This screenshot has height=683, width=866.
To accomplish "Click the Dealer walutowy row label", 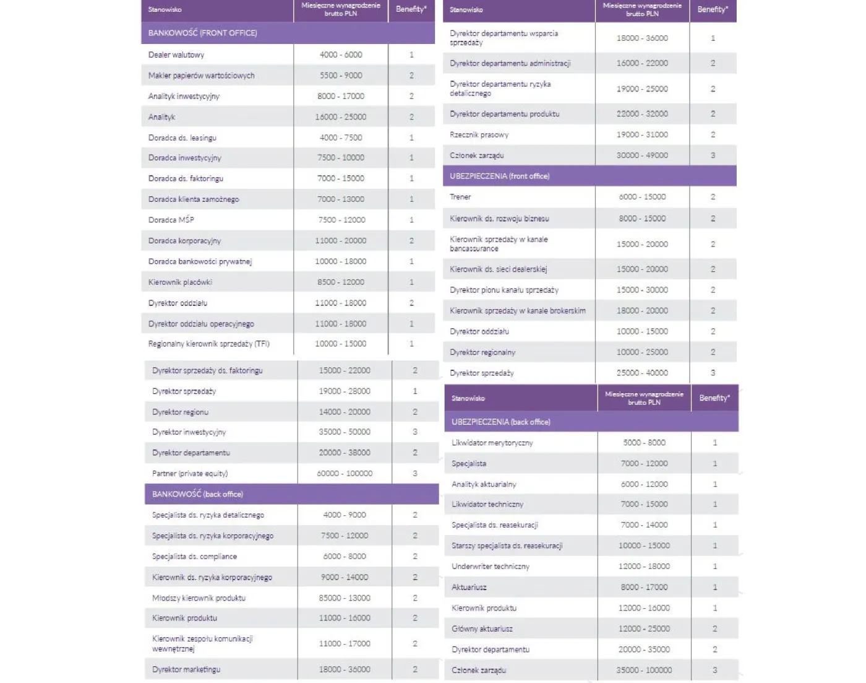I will pos(176,55).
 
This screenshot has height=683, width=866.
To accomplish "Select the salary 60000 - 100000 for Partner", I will pos(345,474).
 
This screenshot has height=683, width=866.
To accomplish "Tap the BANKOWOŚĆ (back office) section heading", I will pos(197,494).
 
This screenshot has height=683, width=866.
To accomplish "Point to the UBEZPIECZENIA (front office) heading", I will pos(499,176).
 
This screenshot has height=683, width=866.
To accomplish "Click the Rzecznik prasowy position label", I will pos(479,135).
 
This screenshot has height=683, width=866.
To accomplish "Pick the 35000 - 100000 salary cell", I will pos(644,670).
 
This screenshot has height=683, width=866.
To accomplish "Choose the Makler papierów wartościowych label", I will pos(201,76).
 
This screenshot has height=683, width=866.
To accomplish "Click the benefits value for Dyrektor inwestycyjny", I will pos(414,432).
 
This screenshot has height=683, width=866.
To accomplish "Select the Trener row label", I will pos(460,197).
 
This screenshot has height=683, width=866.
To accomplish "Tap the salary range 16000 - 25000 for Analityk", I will pos(340,117).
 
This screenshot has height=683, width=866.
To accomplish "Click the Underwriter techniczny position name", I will pos(491,567).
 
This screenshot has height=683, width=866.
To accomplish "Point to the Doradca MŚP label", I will pos(171,220).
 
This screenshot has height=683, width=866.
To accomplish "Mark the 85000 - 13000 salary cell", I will pos(345,598).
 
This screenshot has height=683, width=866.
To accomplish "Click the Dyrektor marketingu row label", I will pos(186,669).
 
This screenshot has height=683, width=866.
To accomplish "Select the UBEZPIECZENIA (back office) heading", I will pos(500,422).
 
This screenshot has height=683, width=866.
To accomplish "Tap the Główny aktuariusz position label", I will pos(482,629).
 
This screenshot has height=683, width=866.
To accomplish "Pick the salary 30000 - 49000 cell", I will pos(642,155).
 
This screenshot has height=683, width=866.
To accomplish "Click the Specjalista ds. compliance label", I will pos(194,557).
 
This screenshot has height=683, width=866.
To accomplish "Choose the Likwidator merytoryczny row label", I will pos(492,443).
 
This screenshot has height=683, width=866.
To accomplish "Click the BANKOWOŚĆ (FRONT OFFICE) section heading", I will pos(202,33).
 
